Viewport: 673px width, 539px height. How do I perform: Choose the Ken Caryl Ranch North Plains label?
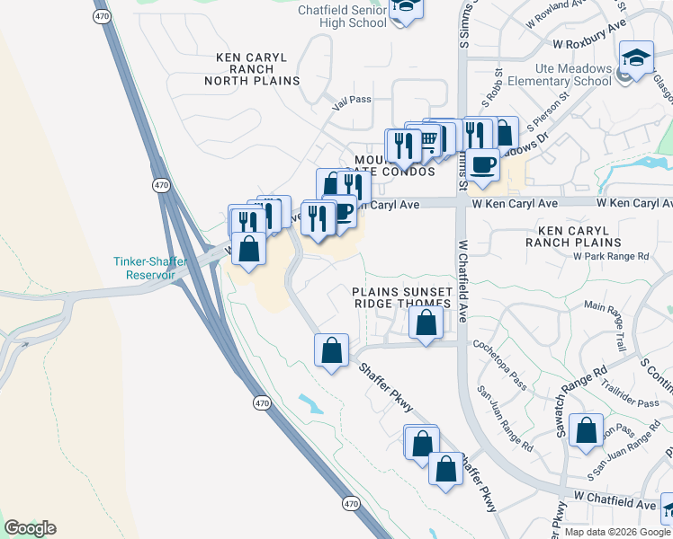pyautogui.click(x=257, y=69)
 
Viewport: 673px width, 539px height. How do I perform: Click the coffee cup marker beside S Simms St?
pyautogui.click(x=482, y=164)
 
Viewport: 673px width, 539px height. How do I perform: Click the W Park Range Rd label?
pyautogui.click(x=611, y=256)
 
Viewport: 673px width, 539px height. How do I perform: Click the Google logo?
pyautogui.click(x=30, y=528)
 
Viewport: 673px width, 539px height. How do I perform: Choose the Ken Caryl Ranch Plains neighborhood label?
pyautogui.click(x=574, y=236)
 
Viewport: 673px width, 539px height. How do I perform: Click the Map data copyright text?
pyautogui.click(x=618, y=532)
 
